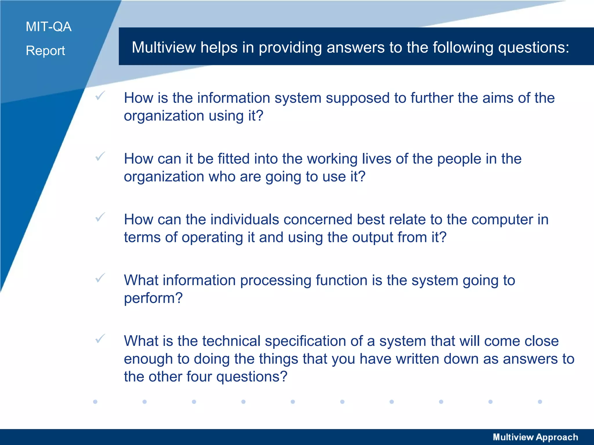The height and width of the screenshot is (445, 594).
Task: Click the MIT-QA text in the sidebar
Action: [x=48, y=27]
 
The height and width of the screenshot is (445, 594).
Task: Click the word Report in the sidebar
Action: [x=45, y=51]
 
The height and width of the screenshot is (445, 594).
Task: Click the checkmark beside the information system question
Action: [x=100, y=95]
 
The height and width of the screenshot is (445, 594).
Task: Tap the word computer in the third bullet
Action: [x=502, y=220]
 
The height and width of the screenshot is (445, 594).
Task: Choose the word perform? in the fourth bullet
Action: [x=153, y=298]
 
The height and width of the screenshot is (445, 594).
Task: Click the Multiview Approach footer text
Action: [x=535, y=437]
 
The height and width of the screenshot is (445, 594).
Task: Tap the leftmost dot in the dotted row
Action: [x=95, y=402]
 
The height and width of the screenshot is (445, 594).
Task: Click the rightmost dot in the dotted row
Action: [x=540, y=402]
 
